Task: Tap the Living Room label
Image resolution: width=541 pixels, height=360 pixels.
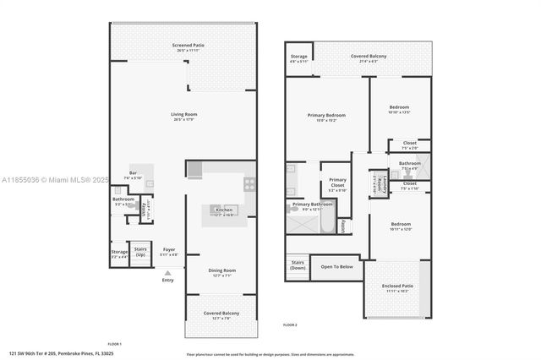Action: click(183, 115)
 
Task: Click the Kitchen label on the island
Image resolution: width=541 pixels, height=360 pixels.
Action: click(224, 210)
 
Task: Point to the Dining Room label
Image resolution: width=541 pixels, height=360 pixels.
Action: click(222, 270)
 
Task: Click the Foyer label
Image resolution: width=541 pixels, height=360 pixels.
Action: click(169, 249)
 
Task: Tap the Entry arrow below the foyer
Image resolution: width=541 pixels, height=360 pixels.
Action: click(167, 273)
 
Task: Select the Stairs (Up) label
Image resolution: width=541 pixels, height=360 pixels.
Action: click(140, 251)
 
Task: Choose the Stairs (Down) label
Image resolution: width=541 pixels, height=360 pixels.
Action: click(298, 265)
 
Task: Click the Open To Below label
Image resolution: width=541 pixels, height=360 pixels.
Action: click(336, 266)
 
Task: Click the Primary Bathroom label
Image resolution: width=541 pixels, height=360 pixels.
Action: click(312, 205)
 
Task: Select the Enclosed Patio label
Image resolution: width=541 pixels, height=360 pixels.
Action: click(396, 288)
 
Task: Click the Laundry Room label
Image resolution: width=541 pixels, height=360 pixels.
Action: click(377, 183)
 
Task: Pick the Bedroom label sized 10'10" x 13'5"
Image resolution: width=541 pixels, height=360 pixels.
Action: click(399, 107)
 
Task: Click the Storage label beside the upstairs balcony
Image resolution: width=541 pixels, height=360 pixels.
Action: click(298, 57)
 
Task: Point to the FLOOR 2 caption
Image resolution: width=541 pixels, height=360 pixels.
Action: click(290, 325)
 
